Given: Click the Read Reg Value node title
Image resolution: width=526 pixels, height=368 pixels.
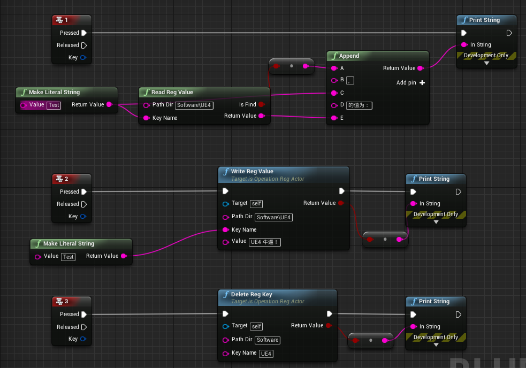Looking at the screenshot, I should pyautogui.click(x=172, y=92).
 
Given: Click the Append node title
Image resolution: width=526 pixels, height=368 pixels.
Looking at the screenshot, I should pyautogui.click(x=349, y=56).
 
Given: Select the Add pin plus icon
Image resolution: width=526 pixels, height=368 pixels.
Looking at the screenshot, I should pyautogui.click(x=422, y=83).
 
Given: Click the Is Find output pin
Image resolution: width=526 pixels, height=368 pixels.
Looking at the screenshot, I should pyautogui.click(x=261, y=105).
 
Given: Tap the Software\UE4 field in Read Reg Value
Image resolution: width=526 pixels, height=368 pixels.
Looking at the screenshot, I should pyautogui.click(x=194, y=105).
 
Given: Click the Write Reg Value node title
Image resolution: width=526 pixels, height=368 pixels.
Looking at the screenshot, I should pyautogui.click(x=252, y=171).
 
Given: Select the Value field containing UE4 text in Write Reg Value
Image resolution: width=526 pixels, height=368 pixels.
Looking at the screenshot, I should pyautogui.click(x=265, y=242).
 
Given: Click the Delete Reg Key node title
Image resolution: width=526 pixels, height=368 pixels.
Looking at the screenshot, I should pyautogui.click(x=251, y=294).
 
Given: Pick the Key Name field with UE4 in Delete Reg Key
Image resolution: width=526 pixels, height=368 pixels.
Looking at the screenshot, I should pyautogui.click(x=266, y=354).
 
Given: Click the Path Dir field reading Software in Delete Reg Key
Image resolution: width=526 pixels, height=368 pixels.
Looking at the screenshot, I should pyautogui.click(x=268, y=340).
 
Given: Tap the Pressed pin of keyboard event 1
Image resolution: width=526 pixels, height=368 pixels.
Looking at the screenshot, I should pyautogui.click(x=84, y=33).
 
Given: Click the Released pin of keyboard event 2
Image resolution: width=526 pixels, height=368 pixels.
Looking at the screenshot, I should pyautogui.click(x=84, y=204).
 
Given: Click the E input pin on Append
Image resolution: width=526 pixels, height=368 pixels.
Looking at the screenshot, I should pyautogui.click(x=334, y=118).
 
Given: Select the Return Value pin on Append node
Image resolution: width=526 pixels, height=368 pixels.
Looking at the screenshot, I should pyautogui.click(x=420, y=68).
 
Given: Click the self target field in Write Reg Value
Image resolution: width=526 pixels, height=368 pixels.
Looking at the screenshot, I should pyautogui.click(x=256, y=204).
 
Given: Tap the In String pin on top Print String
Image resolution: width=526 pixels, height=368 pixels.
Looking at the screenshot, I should pyautogui.click(x=464, y=45).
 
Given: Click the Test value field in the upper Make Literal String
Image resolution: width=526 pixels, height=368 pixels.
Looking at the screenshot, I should pyautogui.click(x=54, y=105).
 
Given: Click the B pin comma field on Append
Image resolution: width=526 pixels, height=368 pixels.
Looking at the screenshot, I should pyautogui.click(x=350, y=80).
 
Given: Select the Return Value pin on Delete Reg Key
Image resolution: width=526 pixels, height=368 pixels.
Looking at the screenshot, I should pyautogui.click(x=329, y=325).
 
